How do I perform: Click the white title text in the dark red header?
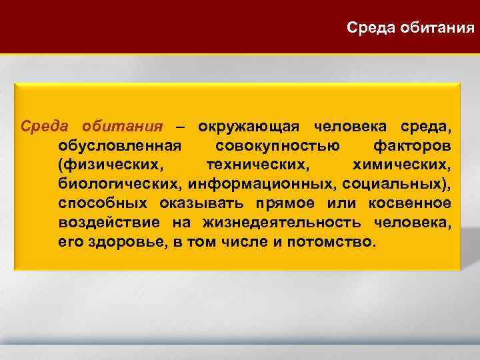tap(411, 28)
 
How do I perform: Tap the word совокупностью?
tap(277, 146)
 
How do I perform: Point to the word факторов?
tap(413, 146)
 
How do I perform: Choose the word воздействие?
tap(109, 222)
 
